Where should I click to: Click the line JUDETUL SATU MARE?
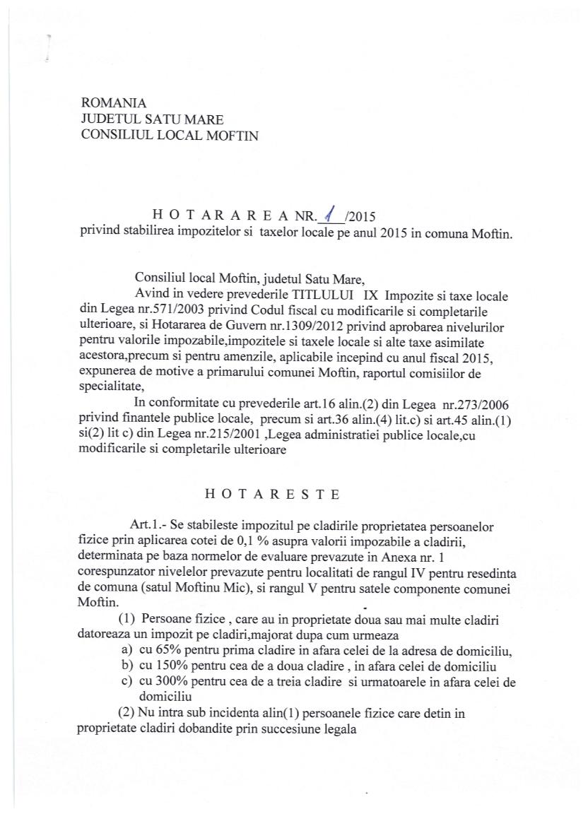[153, 119]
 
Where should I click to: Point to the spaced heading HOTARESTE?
[272, 495]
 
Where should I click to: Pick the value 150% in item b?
[172, 666]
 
